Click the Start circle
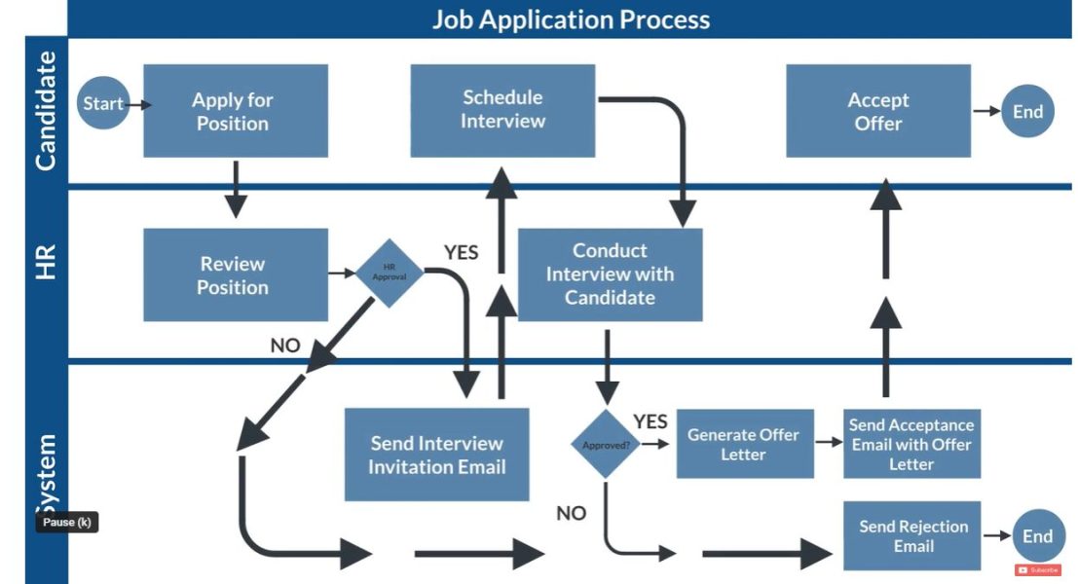[102, 103]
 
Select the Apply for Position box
[235, 111]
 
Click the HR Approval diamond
[389, 273]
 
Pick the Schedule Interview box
[502, 110]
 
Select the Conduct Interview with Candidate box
[610, 274]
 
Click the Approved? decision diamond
[606, 444]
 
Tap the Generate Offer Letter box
[744, 444]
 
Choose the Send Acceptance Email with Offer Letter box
[911, 444]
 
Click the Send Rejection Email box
[911, 536]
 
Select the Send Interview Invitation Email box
[436, 455]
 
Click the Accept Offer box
[877, 111]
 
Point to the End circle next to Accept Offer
[1027, 111]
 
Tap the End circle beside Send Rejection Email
[1037, 536]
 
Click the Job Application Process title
[571, 18]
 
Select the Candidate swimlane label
[46, 111]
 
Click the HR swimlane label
[46, 263]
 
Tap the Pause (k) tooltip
[67, 523]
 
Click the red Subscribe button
[1038, 569]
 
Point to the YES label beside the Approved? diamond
[650, 421]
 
